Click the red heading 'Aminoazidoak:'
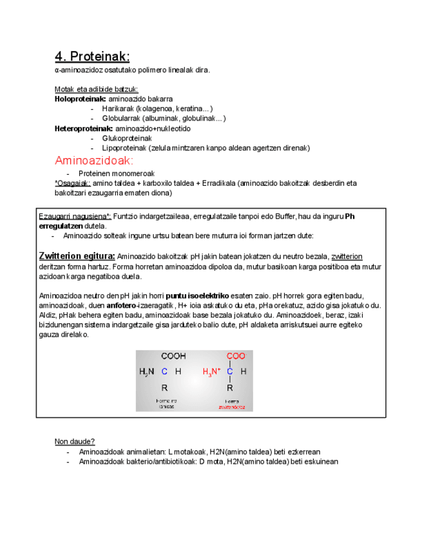(x=94, y=160)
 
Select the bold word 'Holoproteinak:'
(x=81, y=99)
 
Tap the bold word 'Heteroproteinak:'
(x=84, y=128)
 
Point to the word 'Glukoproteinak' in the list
(x=127, y=138)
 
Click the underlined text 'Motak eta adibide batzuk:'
(x=97, y=90)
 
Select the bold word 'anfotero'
(x=124, y=306)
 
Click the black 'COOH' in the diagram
(x=173, y=356)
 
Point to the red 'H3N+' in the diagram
(x=212, y=372)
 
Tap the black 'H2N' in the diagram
(x=147, y=372)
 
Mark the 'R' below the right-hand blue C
(x=229, y=388)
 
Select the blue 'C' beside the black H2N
(x=165, y=372)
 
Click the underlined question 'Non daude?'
(x=75, y=442)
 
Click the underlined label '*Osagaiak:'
(x=73, y=183)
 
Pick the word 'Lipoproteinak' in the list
(x=124, y=148)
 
